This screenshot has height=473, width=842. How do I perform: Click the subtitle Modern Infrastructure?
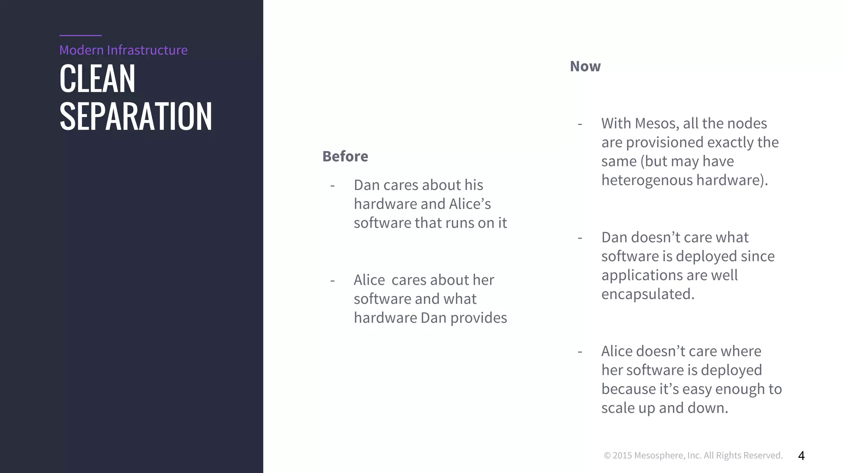pyautogui.click(x=123, y=50)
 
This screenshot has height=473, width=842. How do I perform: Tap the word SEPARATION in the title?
pyautogui.click(x=136, y=117)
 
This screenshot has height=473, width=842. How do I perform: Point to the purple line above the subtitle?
pyautogui.click(x=80, y=36)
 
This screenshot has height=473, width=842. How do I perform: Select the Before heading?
pyautogui.click(x=345, y=156)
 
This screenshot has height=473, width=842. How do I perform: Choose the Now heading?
pyautogui.click(x=585, y=67)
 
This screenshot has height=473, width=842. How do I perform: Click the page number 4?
pyautogui.click(x=801, y=455)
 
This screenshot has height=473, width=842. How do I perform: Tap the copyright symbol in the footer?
pyautogui.click(x=607, y=455)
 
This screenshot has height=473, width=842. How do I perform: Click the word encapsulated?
pyautogui.click(x=648, y=294)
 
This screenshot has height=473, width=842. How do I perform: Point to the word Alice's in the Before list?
pyautogui.click(x=470, y=204)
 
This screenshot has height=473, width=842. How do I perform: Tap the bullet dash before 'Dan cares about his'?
pyautogui.click(x=332, y=186)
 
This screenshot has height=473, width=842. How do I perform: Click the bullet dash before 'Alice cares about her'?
pyautogui.click(x=332, y=280)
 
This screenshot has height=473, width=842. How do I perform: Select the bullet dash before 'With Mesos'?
pyautogui.click(x=580, y=124)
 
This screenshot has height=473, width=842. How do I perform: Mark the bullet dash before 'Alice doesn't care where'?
pyautogui.click(x=580, y=352)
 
